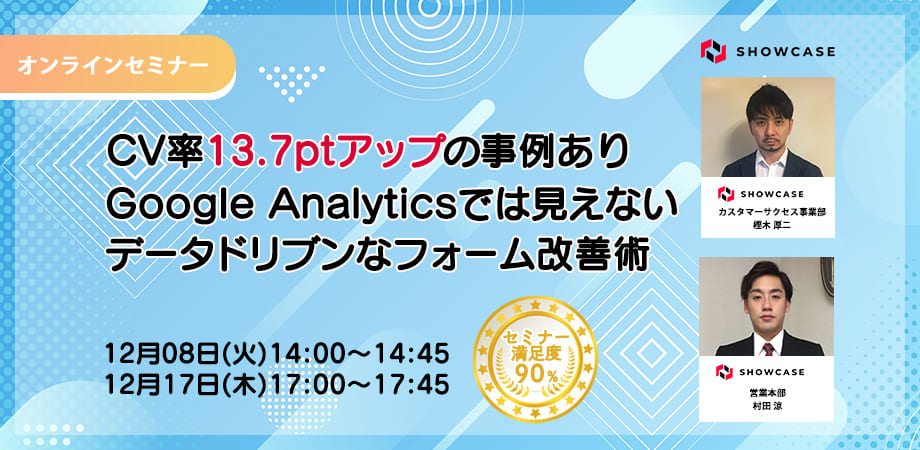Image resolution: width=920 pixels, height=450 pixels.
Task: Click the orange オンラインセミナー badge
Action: coord(117,65)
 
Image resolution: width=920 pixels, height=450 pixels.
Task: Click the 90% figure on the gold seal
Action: coord(536,373)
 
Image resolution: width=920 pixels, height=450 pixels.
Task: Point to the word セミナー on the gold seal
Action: coord(536,337)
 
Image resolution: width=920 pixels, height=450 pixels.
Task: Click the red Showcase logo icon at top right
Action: coord(713,51)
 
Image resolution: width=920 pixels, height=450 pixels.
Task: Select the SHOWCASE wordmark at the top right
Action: coord(785,52)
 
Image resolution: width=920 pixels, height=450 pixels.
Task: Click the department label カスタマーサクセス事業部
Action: coord(767,212)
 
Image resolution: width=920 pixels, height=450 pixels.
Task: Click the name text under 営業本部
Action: coord(767,405)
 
